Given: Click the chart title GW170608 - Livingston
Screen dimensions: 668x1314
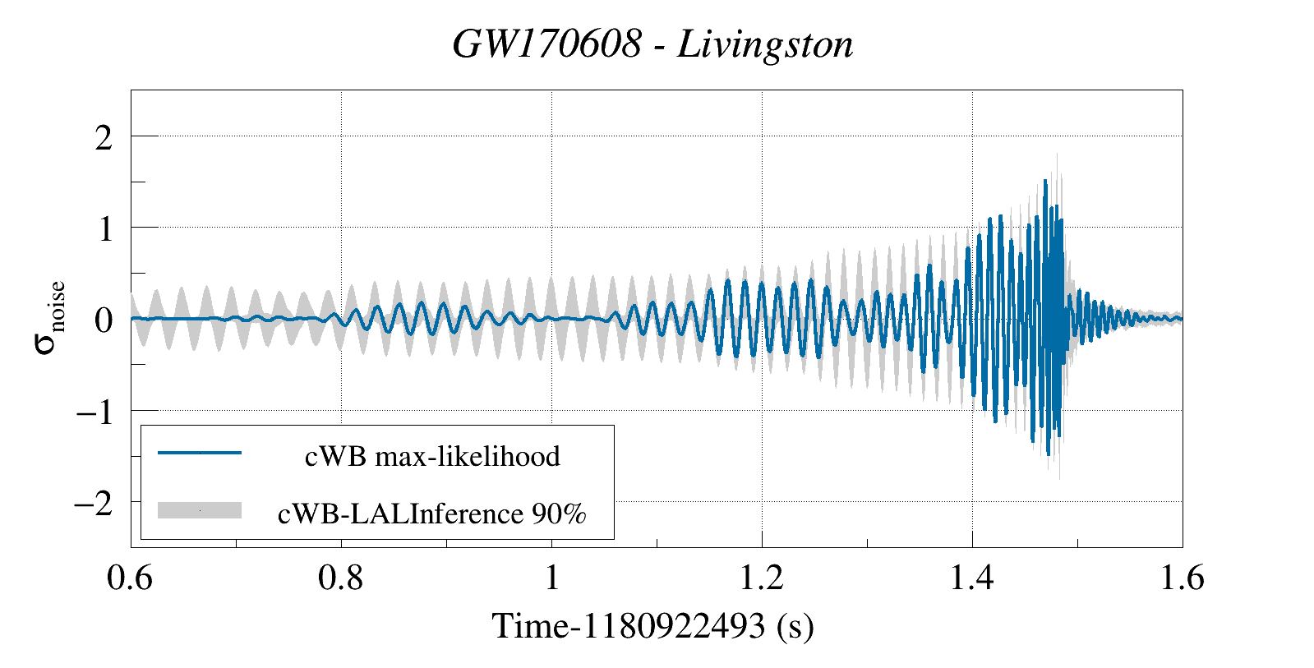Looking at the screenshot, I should pos(652,44).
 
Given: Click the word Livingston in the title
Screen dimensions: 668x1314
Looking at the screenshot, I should pos(765,44).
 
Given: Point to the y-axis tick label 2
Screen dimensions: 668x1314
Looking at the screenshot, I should pos(103,138).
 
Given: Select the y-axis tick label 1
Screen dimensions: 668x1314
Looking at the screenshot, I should pos(104,229).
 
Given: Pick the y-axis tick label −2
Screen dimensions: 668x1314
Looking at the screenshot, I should pos(94,503).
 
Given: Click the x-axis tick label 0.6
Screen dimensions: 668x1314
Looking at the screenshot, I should pos(130,578).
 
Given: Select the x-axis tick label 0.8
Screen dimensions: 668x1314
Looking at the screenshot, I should pos(340,578).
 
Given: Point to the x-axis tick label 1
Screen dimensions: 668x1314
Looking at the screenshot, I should pos(551,578).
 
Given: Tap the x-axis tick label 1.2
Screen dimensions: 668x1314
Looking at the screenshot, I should pos(762,578).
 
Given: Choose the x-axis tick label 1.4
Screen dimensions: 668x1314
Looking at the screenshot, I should pos(972,578).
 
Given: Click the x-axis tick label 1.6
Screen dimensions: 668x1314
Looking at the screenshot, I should pos(1183,578).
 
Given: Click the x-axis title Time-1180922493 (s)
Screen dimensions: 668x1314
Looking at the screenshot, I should pos(652,626).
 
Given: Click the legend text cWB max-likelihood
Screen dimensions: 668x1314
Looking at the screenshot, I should pos(432,456).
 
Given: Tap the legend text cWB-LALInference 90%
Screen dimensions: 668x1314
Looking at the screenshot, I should pos(432,514).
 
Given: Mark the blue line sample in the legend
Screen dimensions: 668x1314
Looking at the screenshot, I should pos(200,453).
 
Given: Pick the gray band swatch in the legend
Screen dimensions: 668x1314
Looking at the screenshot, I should pos(200,510).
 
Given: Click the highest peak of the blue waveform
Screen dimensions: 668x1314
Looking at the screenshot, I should pos(1044,180).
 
